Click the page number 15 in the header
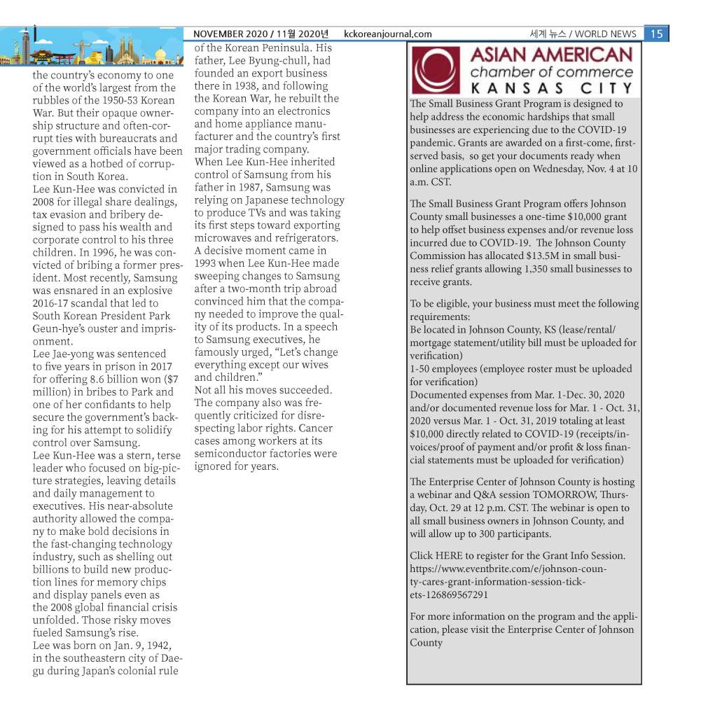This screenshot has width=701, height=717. point(656,34)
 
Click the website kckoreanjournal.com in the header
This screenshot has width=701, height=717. point(388,34)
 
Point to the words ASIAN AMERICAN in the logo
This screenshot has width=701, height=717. point(551,55)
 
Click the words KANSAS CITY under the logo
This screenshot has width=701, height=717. point(551,89)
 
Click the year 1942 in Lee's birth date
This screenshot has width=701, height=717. point(153,646)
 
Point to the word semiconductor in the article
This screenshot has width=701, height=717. point(231,454)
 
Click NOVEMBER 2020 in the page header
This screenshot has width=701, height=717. point(230,34)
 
